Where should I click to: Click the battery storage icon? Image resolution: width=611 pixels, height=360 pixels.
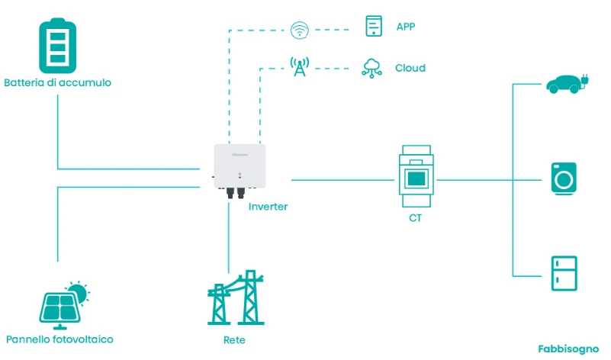[x=58, y=46]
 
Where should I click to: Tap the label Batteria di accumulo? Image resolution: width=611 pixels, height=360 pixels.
[x=58, y=82]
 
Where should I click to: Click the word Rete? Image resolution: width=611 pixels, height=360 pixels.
[x=230, y=339]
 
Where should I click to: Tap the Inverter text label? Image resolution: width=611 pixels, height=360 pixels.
[x=269, y=207]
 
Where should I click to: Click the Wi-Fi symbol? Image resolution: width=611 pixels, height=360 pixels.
[x=299, y=31]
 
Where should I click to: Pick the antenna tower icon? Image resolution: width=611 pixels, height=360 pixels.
[x=298, y=67]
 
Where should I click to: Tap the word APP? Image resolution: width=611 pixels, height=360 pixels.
[x=406, y=27]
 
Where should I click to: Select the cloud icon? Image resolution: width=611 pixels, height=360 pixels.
[x=371, y=67]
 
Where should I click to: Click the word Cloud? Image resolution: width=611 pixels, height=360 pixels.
[x=410, y=68]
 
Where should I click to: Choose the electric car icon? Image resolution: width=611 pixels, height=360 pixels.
[x=565, y=83]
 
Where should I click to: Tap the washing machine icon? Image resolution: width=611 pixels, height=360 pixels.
[x=564, y=178]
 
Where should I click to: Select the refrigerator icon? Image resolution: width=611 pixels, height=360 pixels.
[x=564, y=272]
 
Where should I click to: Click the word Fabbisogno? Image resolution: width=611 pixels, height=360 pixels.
[x=568, y=349]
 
